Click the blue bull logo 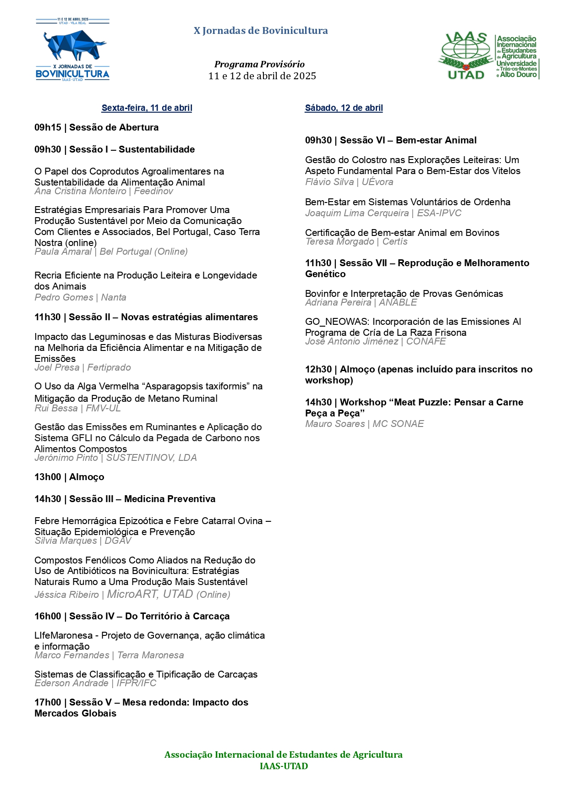point(73,45)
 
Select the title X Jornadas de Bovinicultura point(261,31)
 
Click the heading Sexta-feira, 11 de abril point(147,108)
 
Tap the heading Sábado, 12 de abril point(344,108)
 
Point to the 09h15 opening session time point(48,127)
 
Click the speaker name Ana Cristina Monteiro point(80,191)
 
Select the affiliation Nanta point(114,297)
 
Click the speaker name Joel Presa point(57,367)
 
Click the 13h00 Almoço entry point(69,477)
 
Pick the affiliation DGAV point(118,541)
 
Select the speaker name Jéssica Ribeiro point(66,595)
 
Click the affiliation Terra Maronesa point(150,655)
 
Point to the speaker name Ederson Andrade point(71,683)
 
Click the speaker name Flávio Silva point(329,182)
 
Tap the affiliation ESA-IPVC point(439,213)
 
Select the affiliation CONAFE point(426,341)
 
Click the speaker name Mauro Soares point(335,424)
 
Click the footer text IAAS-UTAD point(284,766)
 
